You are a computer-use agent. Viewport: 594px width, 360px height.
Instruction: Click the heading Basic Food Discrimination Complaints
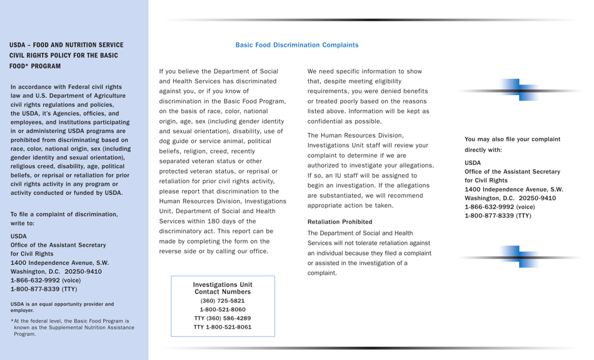(x=296, y=45)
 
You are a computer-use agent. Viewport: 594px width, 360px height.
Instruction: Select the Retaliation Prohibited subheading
(x=340, y=222)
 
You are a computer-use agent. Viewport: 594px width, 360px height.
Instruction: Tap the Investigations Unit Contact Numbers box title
(x=223, y=288)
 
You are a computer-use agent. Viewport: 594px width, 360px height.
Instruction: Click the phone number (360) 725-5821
(x=223, y=301)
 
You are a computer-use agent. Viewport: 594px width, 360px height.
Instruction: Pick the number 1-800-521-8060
(x=223, y=309)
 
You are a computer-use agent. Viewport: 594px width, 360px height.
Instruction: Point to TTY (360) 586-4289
(x=223, y=318)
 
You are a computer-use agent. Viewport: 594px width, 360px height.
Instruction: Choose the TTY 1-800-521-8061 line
(x=223, y=327)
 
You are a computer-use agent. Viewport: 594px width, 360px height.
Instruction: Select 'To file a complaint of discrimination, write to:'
(x=64, y=218)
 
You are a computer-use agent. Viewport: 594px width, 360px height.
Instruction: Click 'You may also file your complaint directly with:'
(x=511, y=144)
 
